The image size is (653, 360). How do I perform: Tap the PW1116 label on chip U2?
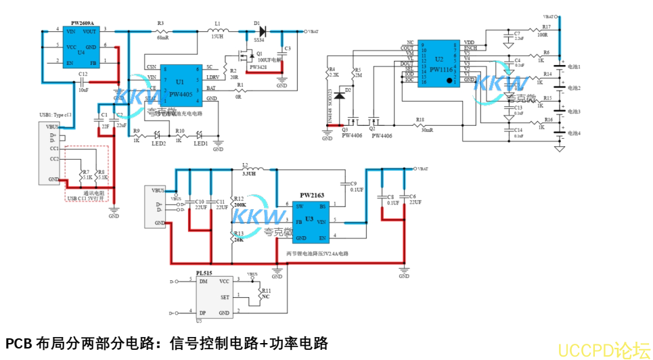(443, 70)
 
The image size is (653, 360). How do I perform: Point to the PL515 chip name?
(204, 273)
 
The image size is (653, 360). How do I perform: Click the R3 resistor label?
(160, 24)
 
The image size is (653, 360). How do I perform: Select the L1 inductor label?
(217, 24)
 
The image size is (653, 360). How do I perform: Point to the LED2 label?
(158, 143)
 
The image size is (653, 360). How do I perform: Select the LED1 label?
(200, 143)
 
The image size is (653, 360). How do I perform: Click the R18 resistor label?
(420, 120)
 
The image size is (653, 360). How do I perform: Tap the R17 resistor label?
(545, 26)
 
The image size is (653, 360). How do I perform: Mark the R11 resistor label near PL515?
(266, 290)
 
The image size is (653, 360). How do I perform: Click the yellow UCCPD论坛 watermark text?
(602, 349)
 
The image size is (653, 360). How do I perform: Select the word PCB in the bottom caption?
(18, 343)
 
